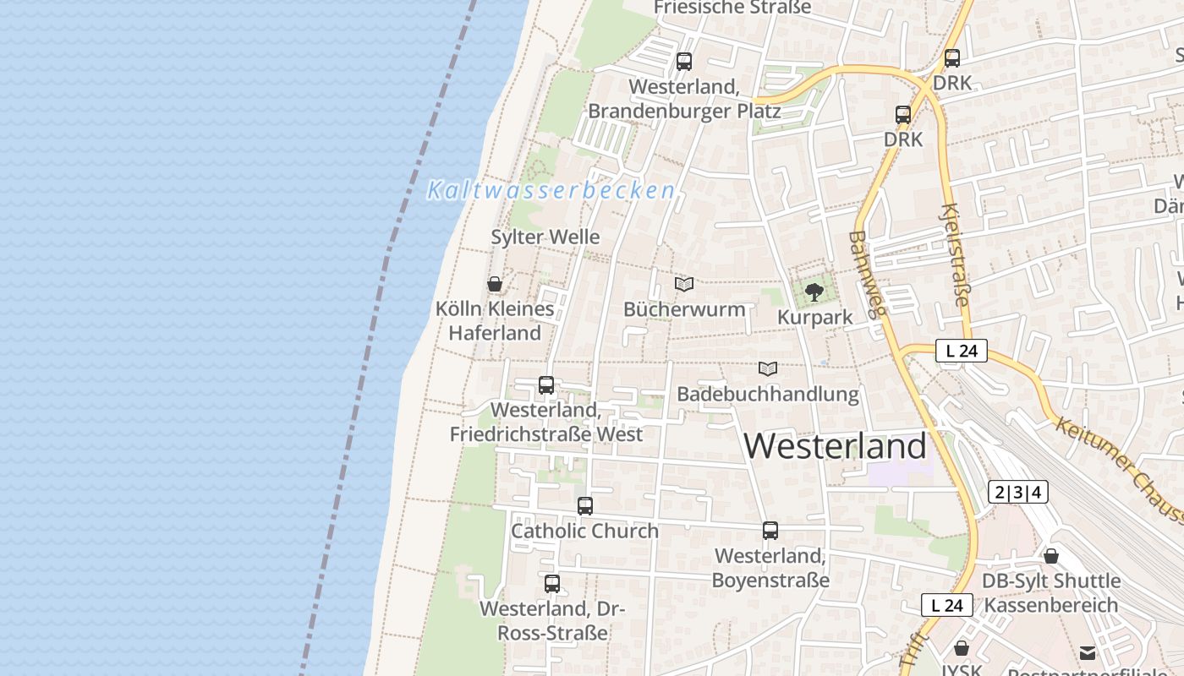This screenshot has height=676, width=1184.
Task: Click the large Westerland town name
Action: point(836,446)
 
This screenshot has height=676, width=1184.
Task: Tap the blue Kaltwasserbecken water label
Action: point(551,190)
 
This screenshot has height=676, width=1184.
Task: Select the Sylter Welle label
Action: point(545,237)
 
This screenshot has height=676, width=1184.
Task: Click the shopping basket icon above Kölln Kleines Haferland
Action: point(495,284)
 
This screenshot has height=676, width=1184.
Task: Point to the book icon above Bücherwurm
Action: point(684,285)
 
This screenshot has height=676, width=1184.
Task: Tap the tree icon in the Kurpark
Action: point(814,292)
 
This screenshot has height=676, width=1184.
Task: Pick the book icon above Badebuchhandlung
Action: point(768,369)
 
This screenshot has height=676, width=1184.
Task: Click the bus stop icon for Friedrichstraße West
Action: point(546,385)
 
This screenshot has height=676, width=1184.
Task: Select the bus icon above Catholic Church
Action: point(585,506)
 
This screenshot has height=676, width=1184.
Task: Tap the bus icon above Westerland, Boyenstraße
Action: point(770,531)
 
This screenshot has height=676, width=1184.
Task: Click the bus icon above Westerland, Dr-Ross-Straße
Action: point(552,583)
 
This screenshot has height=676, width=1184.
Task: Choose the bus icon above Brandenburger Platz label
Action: point(684,62)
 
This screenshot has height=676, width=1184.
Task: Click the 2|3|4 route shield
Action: point(1018,492)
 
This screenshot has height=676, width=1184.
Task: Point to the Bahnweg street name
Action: point(867,274)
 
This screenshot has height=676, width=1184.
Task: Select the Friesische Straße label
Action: point(732,8)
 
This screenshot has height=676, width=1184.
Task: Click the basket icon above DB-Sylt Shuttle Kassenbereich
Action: point(1051,556)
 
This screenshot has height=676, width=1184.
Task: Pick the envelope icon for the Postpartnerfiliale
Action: point(1088,652)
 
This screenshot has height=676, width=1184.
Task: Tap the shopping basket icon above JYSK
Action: point(962,648)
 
